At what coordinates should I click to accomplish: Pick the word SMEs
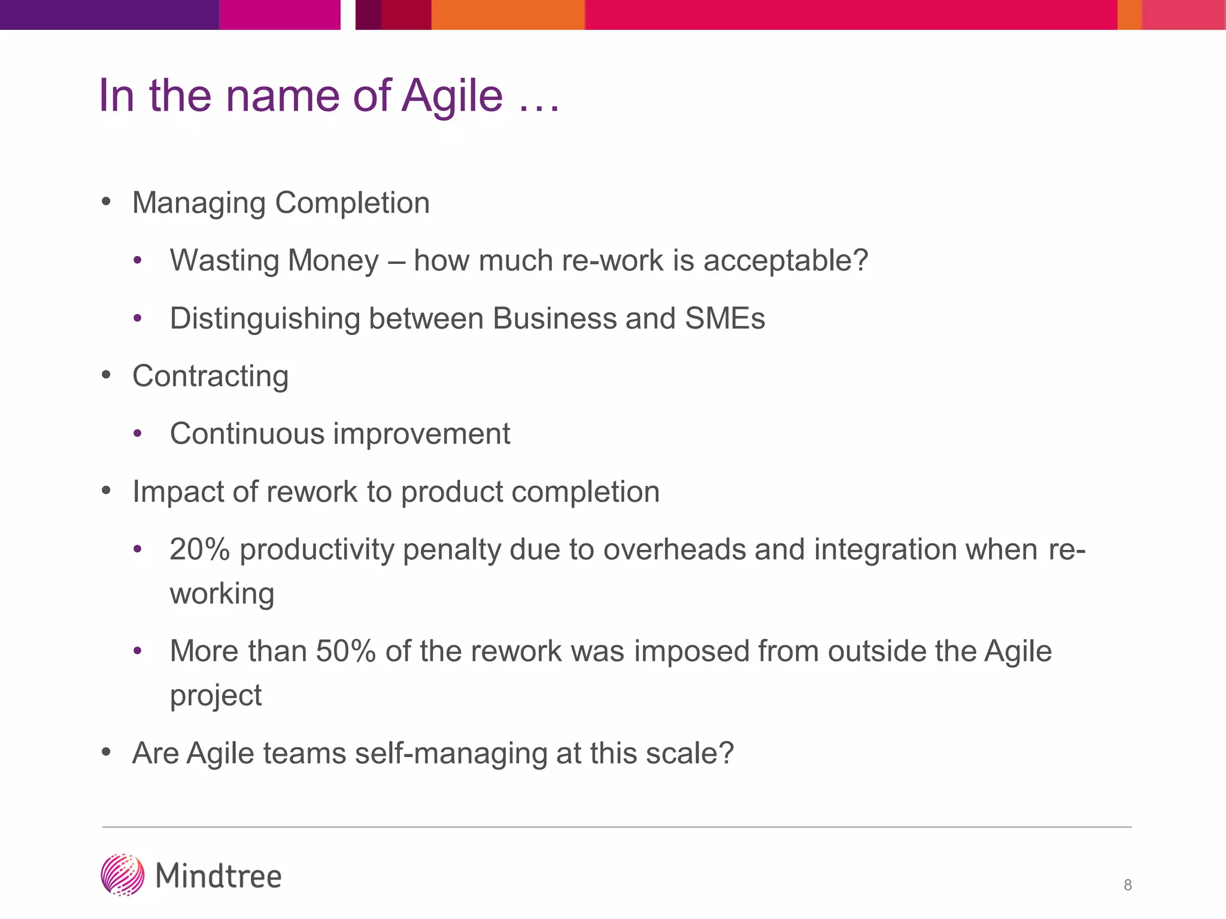click(724, 318)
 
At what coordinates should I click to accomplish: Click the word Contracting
click(210, 376)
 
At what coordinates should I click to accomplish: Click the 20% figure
click(199, 549)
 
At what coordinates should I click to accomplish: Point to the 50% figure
click(345, 651)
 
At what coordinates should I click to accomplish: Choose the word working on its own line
click(222, 594)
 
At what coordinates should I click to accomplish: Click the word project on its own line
click(216, 695)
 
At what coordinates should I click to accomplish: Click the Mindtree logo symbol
click(123, 875)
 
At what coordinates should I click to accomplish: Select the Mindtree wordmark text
click(219, 877)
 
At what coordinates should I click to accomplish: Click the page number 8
click(1127, 885)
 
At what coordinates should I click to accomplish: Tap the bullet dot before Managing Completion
click(107, 202)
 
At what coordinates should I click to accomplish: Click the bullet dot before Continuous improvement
click(138, 433)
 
